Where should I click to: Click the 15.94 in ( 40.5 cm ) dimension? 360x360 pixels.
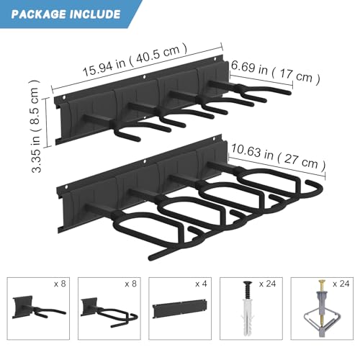coord(135,61)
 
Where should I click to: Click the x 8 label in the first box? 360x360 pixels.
coord(60,284)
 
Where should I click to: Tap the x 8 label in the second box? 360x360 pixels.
coord(130,284)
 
